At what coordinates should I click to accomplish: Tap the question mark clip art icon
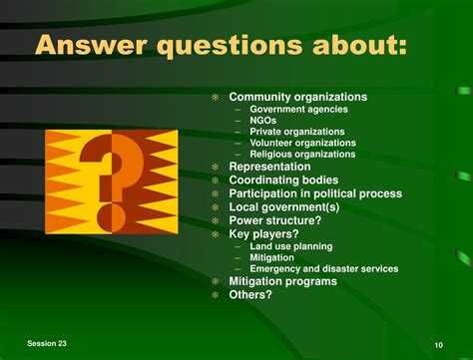point(111,180)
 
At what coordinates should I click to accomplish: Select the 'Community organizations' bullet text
point(297,97)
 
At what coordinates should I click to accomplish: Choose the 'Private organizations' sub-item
point(297,132)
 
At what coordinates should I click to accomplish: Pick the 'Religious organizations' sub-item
point(302,155)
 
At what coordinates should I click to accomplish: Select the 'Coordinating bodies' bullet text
point(283,180)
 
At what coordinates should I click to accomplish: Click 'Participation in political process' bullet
point(315,193)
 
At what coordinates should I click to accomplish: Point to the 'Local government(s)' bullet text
point(284,206)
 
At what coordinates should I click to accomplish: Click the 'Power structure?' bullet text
point(275,220)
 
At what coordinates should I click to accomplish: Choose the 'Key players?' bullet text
point(263,233)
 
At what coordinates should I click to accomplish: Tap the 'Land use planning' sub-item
point(291,246)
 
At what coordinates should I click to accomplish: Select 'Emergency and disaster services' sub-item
point(323,268)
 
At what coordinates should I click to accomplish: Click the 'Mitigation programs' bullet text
point(282,281)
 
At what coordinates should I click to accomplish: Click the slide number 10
point(438,344)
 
